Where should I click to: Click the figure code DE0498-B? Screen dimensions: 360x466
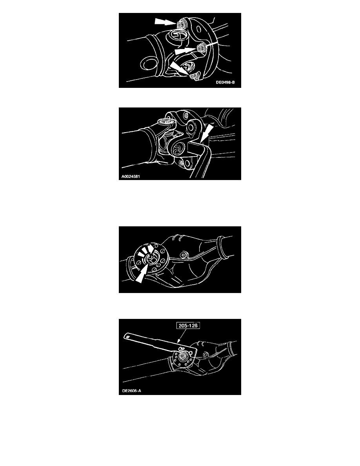click(x=225, y=82)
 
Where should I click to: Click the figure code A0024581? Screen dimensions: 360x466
click(x=131, y=177)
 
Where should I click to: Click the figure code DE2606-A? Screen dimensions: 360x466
click(x=132, y=391)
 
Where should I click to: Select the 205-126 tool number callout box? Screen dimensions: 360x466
click(x=188, y=326)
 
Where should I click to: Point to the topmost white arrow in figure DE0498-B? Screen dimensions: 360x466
click(x=164, y=21)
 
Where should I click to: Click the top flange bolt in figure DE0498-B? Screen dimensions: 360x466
click(x=181, y=24)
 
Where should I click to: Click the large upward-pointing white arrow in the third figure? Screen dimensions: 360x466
click(x=142, y=274)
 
